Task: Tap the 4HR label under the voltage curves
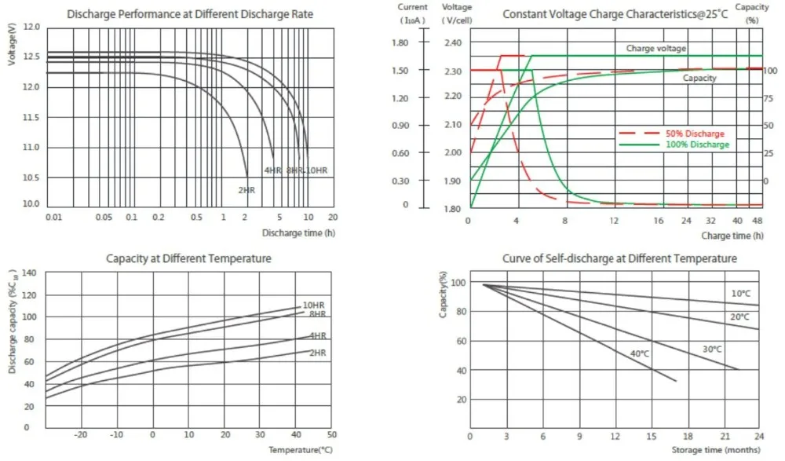pos(272,170)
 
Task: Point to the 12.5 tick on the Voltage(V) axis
pos(31,57)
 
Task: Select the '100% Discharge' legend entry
pos(696,145)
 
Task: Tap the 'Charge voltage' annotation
pos(656,49)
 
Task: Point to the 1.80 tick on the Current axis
pos(400,42)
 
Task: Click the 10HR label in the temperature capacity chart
pos(314,305)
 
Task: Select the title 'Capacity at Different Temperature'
pos(188,258)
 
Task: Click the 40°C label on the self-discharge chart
pos(641,353)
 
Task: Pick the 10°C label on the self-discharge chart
pos(740,294)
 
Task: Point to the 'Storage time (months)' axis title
pos(715,449)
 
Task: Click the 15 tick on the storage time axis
pos(652,436)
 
